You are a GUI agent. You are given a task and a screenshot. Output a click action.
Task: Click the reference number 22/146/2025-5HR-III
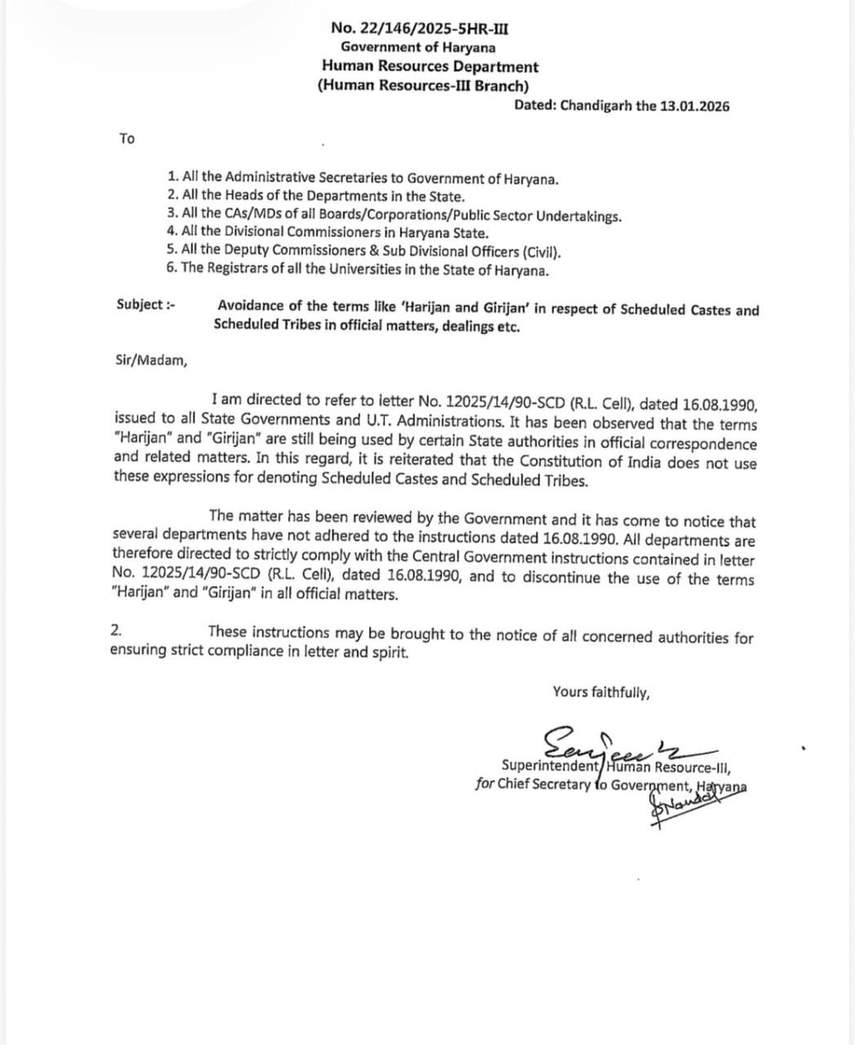432,29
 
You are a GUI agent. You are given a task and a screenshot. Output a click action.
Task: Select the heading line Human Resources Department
430,67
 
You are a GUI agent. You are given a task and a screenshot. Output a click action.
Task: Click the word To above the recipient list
126,139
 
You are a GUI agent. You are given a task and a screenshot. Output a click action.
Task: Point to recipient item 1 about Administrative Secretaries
363,177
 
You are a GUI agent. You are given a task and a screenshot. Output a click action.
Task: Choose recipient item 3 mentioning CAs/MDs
394,216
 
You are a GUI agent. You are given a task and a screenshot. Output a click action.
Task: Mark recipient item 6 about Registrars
358,271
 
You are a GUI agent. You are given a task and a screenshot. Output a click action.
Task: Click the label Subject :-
146,305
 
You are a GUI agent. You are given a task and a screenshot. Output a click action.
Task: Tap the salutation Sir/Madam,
150,360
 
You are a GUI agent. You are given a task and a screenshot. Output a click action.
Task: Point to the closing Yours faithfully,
601,692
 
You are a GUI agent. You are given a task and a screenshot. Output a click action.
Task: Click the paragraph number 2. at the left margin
117,630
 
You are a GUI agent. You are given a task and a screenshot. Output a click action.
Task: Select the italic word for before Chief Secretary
484,785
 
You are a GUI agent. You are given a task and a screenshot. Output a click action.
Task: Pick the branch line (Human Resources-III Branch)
423,86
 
